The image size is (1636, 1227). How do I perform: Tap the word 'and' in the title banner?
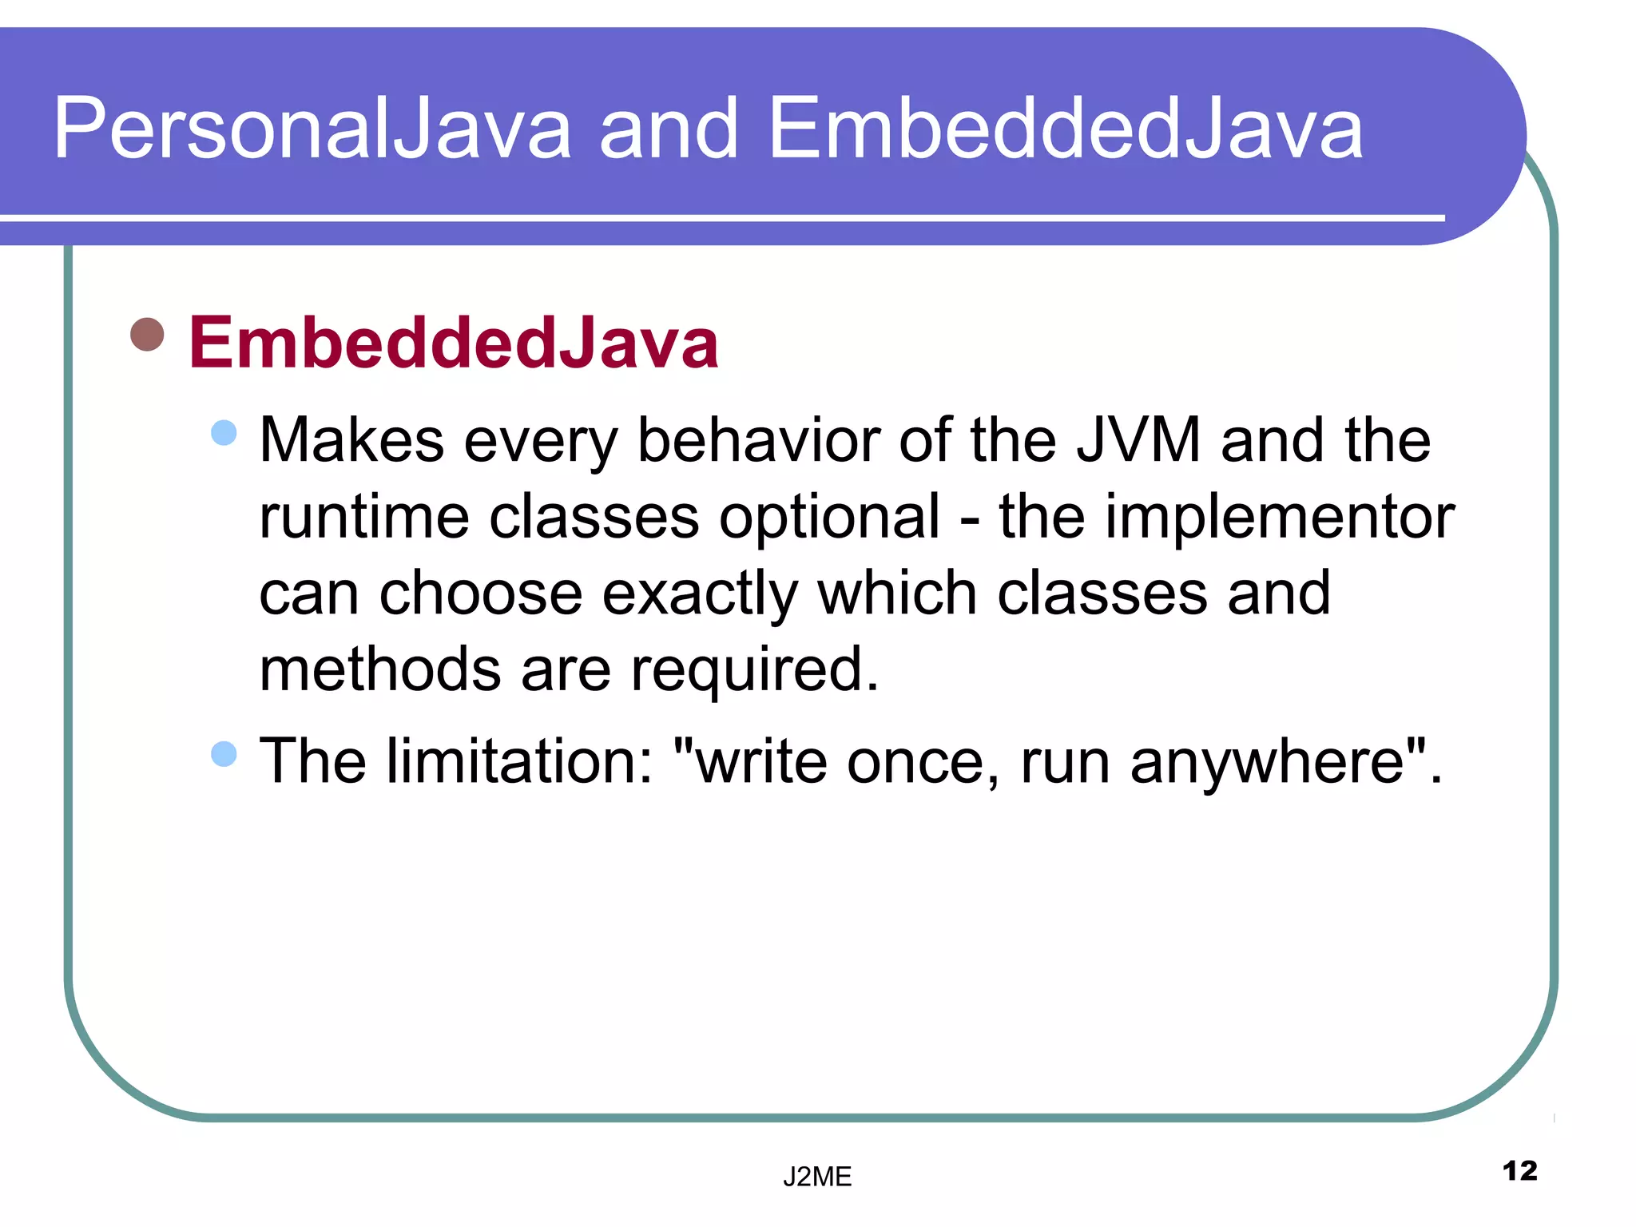(x=669, y=129)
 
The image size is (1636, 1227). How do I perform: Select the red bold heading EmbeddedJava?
(x=453, y=343)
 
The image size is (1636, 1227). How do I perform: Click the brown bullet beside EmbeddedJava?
(x=147, y=334)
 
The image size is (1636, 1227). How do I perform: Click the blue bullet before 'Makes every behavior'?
(x=224, y=433)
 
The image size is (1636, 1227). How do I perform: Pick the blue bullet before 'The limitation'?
(x=224, y=753)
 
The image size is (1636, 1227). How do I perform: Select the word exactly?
(x=699, y=594)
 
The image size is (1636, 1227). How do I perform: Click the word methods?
(x=380, y=669)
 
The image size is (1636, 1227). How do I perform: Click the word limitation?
(x=520, y=761)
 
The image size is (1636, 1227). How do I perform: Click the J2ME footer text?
(x=816, y=1177)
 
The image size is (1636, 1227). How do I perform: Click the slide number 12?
(x=1519, y=1171)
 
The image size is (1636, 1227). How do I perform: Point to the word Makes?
(x=351, y=440)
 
